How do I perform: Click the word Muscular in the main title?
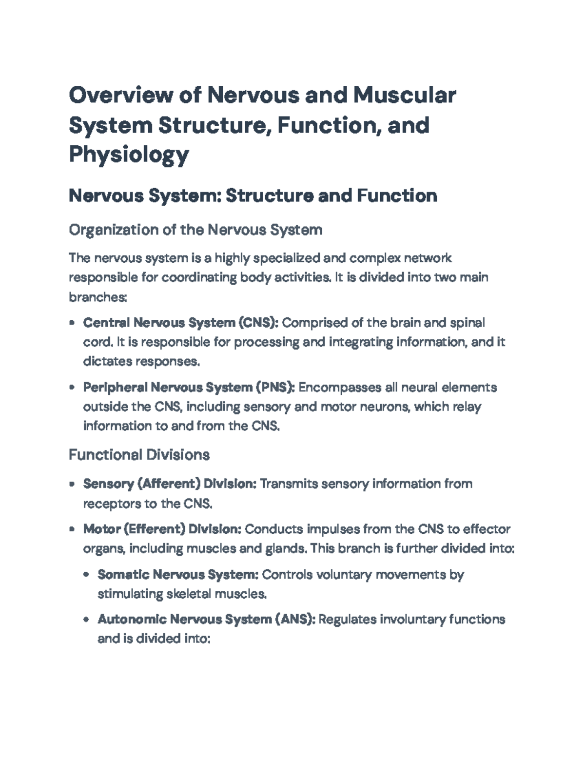(x=405, y=95)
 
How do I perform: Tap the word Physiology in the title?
(x=129, y=155)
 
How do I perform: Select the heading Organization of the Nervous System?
(x=195, y=230)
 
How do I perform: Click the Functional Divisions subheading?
(x=139, y=455)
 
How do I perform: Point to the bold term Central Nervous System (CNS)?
(x=181, y=323)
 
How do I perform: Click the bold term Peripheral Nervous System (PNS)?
(x=189, y=388)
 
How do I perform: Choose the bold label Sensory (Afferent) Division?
(x=170, y=484)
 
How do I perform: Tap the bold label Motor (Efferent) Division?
(x=162, y=529)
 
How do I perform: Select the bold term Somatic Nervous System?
(x=178, y=575)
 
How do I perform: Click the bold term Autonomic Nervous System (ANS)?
(x=207, y=620)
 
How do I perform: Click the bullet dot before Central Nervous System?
(x=72, y=323)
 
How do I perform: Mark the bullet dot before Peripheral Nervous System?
(x=72, y=388)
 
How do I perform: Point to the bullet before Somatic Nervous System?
(x=86, y=575)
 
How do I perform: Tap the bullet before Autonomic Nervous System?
(x=86, y=620)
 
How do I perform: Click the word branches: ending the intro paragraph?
(x=98, y=297)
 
